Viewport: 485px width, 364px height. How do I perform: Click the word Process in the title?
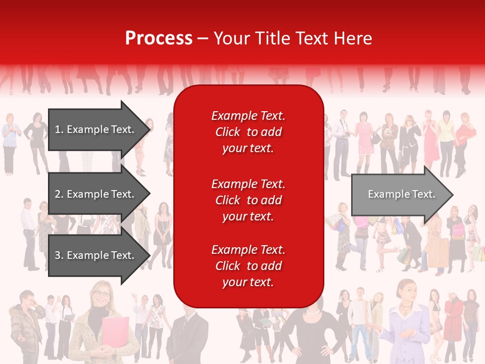(x=159, y=38)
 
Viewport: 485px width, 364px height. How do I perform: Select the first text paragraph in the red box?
(x=248, y=132)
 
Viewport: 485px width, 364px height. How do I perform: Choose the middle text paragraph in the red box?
(x=248, y=200)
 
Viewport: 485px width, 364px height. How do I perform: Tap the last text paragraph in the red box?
(x=248, y=266)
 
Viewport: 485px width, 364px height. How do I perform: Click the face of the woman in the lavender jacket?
(x=407, y=291)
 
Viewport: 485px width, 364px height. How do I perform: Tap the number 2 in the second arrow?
(x=58, y=194)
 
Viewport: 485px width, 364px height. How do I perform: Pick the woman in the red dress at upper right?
(x=430, y=136)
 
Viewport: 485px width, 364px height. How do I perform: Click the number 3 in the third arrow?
(x=58, y=255)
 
